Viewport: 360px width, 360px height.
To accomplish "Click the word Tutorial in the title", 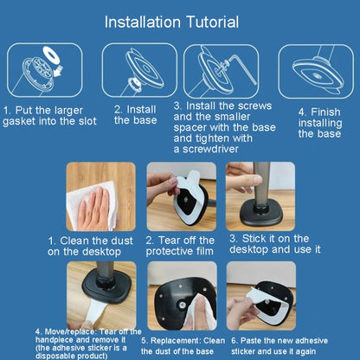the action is tap(212, 22).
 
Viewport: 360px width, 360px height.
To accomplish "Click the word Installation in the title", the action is tap(143, 22).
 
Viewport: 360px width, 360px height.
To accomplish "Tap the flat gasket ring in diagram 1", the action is tap(51, 55).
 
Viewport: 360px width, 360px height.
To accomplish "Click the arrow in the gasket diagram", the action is tap(59, 71).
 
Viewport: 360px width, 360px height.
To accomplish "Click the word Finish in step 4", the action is tap(325, 112).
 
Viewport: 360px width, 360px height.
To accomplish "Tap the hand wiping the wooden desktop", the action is tap(93, 210).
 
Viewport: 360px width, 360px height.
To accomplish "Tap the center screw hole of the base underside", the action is tap(182, 304).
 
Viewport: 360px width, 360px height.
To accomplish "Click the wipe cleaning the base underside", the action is tap(200, 313).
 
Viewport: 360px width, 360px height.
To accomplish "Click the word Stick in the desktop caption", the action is tap(252, 239).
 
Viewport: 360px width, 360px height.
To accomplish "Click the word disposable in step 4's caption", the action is tap(52, 356).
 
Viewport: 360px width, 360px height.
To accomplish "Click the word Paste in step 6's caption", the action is tap(249, 341).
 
